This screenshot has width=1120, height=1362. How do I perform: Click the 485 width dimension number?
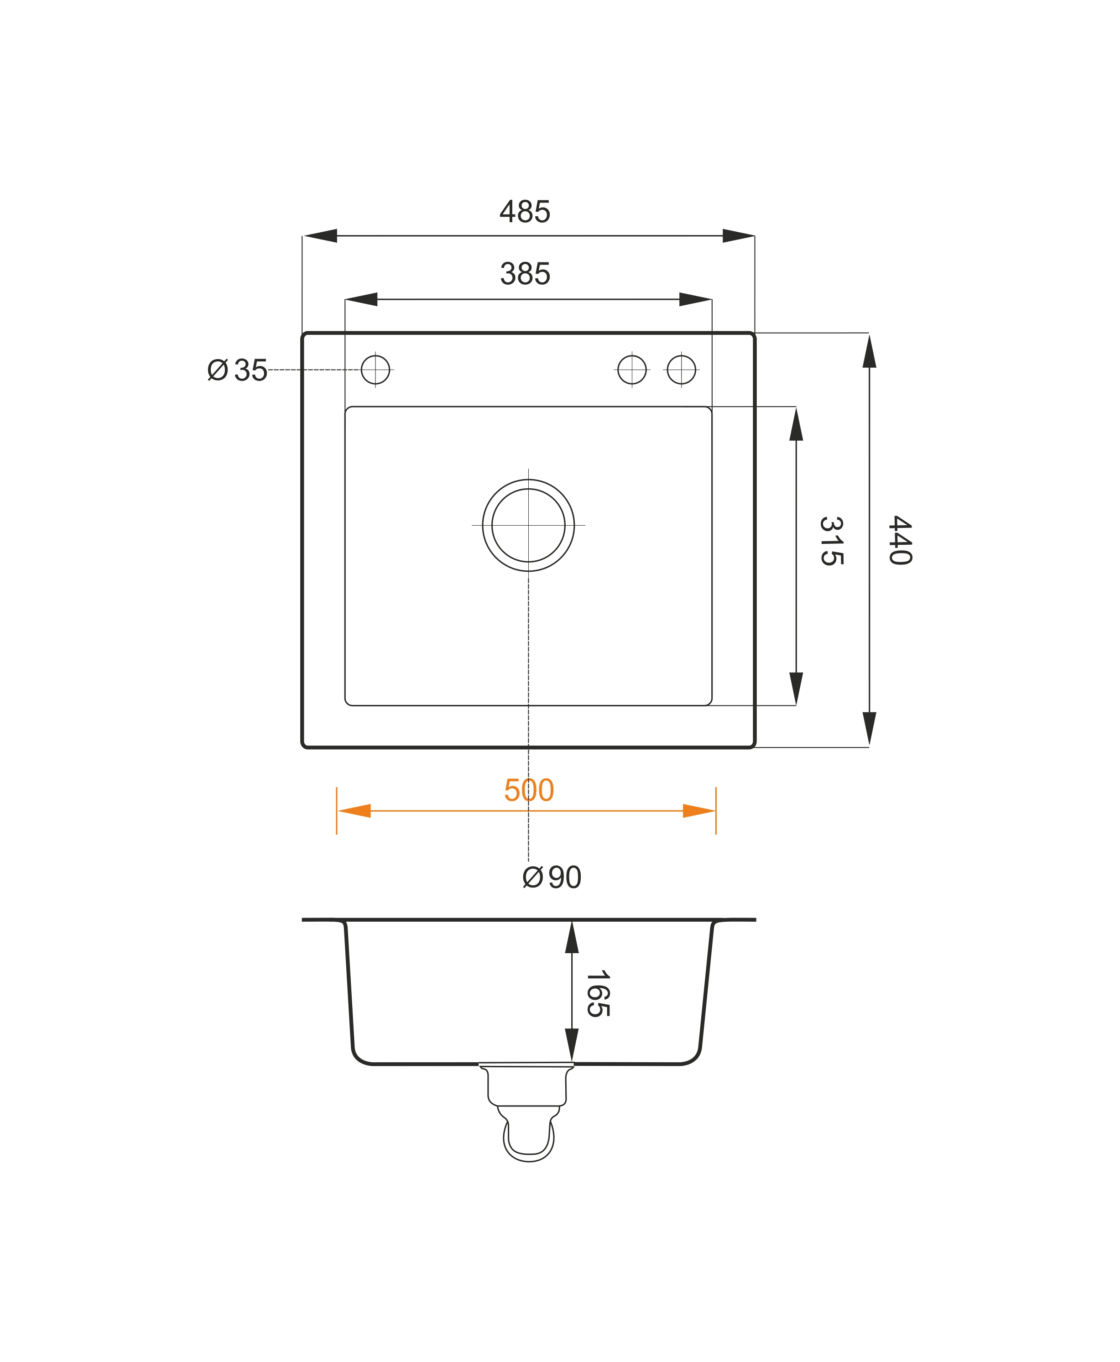(525, 212)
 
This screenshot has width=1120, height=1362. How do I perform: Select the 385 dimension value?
(525, 274)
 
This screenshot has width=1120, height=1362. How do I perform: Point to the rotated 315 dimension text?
(831, 541)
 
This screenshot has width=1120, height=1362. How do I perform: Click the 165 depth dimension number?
(598, 994)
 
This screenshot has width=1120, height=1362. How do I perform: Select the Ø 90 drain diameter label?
(552, 877)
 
